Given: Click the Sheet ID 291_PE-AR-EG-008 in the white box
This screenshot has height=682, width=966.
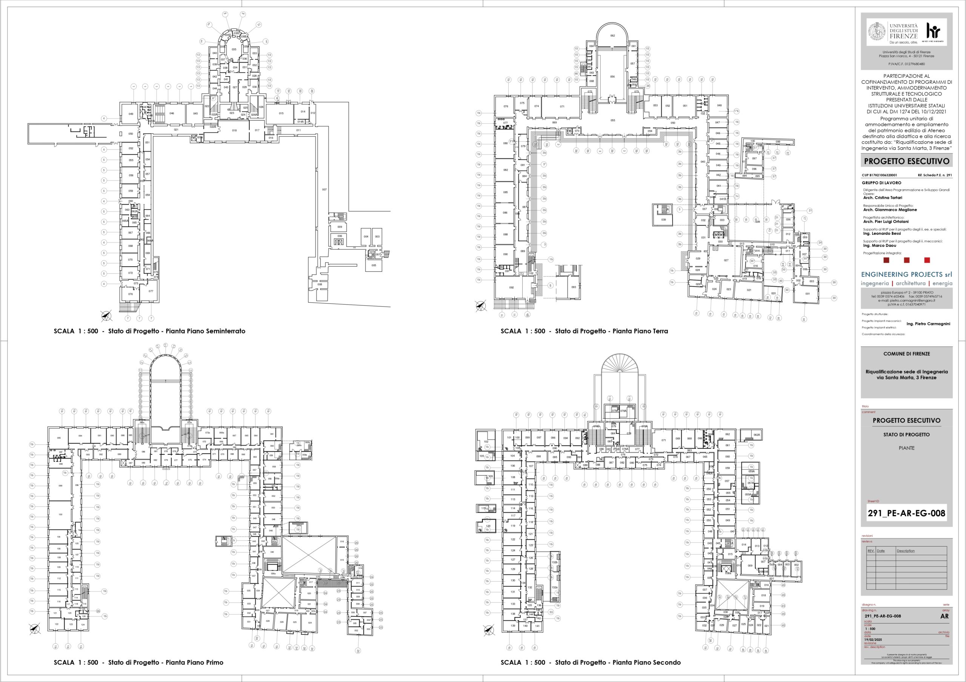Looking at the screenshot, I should [x=906, y=513].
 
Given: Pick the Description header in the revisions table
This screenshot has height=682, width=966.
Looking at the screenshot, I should [x=905, y=551].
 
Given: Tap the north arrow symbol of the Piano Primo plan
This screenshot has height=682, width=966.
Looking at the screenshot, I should [x=35, y=629].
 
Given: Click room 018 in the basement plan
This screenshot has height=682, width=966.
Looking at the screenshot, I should [x=234, y=130].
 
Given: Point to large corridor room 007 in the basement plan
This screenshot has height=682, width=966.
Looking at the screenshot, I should [x=325, y=190].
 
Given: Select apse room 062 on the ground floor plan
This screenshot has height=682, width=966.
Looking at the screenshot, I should [x=612, y=36].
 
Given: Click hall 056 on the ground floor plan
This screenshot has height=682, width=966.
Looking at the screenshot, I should [x=612, y=77].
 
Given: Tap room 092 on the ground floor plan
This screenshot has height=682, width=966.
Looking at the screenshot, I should [x=511, y=288].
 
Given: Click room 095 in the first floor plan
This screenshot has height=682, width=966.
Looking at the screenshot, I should [x=59, y=438].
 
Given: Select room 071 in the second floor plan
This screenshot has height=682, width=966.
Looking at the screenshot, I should [x=663, y=440].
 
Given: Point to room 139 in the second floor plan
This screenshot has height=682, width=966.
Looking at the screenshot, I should [x=512, y=626].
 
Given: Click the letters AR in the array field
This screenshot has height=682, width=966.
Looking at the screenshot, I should [x=944, y=616].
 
